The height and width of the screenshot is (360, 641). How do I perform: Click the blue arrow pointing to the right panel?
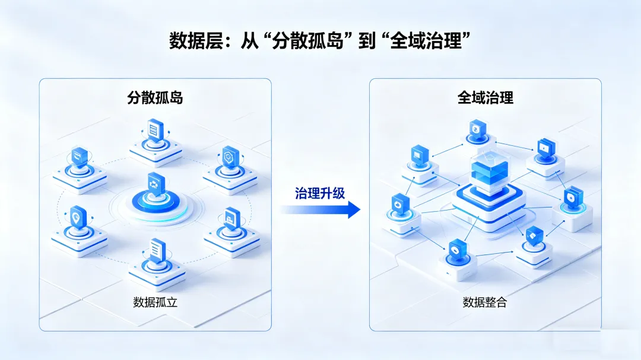pyautogui.click(x=320, y=209)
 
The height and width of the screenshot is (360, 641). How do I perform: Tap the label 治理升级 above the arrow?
pyautogui.click(x=320, y=193)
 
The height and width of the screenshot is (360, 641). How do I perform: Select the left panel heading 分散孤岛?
pyautogui.click(x=155, y=97)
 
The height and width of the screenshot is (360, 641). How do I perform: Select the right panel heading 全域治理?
pyautogui.click(x=485, y=97)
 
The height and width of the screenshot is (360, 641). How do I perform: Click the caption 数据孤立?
pyautogui.click(x=156, y=302)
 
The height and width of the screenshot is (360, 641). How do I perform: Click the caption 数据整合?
pyautogui.click(x=485, y=302)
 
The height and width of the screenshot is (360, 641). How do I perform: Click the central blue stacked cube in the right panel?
pyautogui.click(x=488, y=172)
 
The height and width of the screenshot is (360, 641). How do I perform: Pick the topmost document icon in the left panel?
pyautogui.click(x=156, y=129)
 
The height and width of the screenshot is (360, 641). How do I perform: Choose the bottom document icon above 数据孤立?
pyautogui.click(x=156, y=249)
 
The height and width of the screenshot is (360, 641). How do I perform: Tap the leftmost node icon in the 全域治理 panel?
pyautogui.click(x=399, y=203)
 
